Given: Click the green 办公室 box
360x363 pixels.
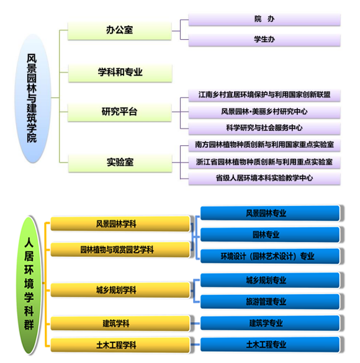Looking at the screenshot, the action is click(x=119, y=31).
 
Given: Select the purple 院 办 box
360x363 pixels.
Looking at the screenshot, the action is click(x=264, y=19).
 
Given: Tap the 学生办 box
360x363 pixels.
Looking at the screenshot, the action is click(x=264, y=40).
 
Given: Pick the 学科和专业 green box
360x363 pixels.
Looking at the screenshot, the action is click(x=120, y=73).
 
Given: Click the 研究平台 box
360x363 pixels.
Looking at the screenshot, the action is click(x=119, y=112).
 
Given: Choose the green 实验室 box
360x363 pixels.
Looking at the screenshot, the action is click(x=120, y=163).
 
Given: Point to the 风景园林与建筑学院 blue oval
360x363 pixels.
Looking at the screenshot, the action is click(x=32, y=98).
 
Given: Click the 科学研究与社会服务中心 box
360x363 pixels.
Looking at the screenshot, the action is click(x=264, y=128).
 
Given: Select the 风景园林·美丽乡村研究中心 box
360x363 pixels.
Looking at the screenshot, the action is click(x=264, y=112).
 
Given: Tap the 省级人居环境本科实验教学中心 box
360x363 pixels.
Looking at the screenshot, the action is click(x=264, y=179).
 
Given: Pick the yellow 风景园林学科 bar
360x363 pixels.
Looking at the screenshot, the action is click(x=120, y=223).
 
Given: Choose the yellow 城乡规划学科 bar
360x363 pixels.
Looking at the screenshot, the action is click(x=120, y=290).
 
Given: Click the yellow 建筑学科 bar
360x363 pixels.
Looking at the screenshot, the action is click(x=120, y=323).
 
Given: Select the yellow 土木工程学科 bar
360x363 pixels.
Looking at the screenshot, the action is click(x=120, y=345).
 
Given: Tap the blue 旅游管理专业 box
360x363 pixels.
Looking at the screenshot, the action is click(x=270, y=302).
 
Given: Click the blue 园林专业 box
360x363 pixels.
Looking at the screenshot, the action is click(x=270, y=235).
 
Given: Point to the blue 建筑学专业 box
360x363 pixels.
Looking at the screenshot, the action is click(x=270, y=323).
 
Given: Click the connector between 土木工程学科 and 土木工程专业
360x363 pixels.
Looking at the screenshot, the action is click(x=195, y=344).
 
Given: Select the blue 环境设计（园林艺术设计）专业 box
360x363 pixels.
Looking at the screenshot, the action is click(x=270, y=256).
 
